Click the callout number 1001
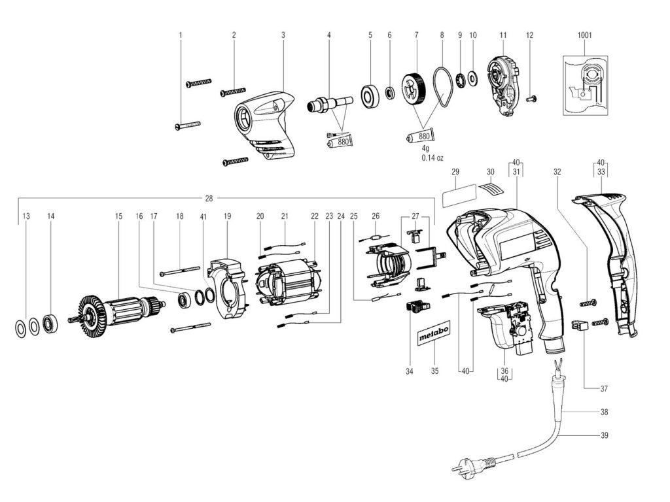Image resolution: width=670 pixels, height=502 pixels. pyautogui.click(x=584, y=35)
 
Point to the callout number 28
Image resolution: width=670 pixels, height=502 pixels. pyautogui.click(x=209, y=198)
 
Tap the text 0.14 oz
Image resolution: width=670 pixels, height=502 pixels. pyautogui.click(x=432, y=158)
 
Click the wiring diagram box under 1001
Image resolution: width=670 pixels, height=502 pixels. pyautogui.click(x=585, y=86)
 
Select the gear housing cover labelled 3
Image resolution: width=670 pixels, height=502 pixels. pyautogui.click(x=264, y=126)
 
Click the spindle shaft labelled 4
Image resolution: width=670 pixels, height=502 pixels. pyautogui.click(x=330, y=105)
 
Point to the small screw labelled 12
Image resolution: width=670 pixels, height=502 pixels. pyautogui.click(x=531, y=99)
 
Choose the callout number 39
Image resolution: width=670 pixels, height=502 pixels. pyautogui.click(x=604, y=435)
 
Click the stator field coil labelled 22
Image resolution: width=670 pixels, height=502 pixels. pyautogui.click(x=288, y=283)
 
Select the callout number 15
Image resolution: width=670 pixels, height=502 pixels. pyautogui.click(x=118, y=216)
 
